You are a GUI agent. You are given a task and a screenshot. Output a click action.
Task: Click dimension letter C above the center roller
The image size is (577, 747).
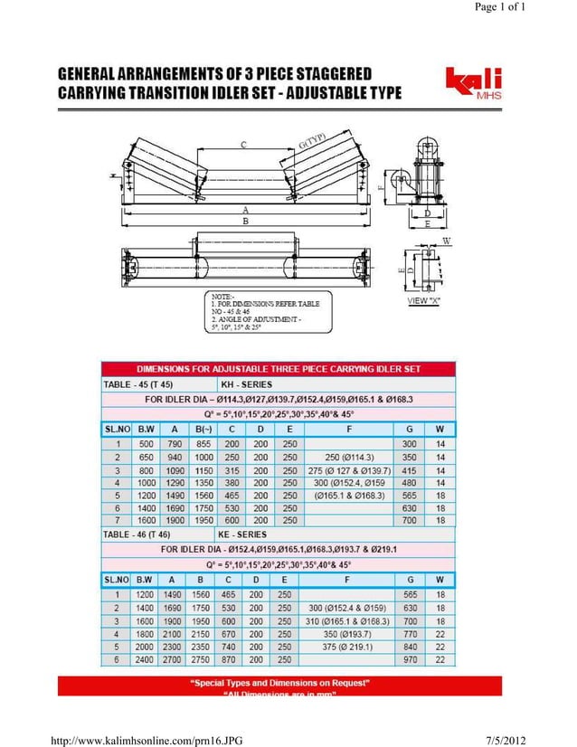(x=243, y=145)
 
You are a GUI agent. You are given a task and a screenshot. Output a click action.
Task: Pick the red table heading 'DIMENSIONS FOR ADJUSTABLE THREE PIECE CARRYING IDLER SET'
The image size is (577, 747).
(x=279, y=369)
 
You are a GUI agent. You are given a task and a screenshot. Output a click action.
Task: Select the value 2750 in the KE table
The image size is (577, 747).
(x=201, y=660)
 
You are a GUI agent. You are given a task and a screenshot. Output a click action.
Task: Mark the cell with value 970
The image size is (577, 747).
(x=410, y=660)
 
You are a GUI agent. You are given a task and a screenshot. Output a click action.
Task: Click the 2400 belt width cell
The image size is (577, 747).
(x=145, y=660)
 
